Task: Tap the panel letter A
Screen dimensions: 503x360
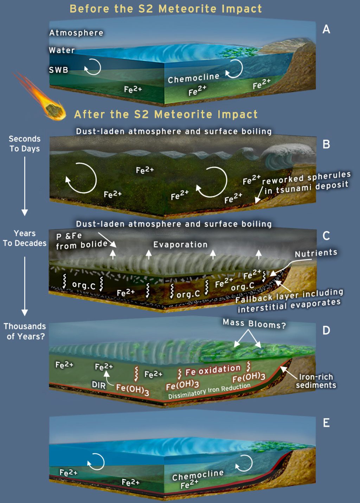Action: [x=326, y=29]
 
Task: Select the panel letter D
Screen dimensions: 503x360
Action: [x=326, y=330]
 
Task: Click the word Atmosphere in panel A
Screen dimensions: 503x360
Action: [x=76, y=33]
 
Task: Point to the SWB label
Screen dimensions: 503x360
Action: [x=58, y=70]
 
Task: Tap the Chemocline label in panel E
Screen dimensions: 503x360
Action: [x=198, y=475]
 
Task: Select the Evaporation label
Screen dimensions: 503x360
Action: [x=180, y=245]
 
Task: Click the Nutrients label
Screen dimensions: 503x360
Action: [x=316, y=253]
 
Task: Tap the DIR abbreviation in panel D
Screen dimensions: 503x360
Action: [x=99, y=385]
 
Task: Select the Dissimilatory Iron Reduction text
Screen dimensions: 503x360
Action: [x=209, y=391]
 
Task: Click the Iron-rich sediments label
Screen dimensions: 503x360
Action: [x=316, y=381]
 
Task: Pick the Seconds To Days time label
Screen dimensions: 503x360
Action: [x=25, y=144]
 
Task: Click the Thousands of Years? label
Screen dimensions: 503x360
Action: [x=25, y=331]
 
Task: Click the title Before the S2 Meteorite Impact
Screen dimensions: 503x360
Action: [x=166, y=9]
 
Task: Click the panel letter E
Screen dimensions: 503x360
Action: [x=326, y=423]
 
